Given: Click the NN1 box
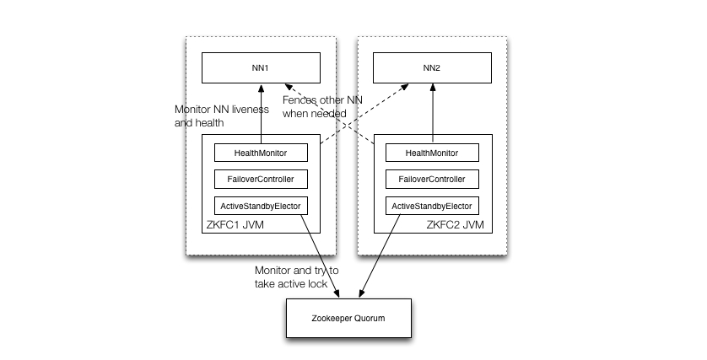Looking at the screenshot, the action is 261,68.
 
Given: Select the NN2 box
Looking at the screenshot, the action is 433,68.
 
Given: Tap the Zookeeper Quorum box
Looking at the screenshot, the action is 349,318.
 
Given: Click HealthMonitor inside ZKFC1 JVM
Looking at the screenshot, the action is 261,153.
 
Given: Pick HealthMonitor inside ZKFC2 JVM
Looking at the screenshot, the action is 433,153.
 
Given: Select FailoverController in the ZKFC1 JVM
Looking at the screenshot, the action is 261,179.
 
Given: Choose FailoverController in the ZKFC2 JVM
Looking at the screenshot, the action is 433,179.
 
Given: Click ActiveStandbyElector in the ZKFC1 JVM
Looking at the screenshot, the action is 261,206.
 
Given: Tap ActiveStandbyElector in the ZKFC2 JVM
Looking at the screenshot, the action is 433,206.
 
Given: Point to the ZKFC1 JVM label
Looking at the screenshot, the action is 235,225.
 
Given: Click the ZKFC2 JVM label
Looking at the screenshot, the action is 455,225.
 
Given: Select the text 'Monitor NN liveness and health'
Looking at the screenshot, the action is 221,116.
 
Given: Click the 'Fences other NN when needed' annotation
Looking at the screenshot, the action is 322,107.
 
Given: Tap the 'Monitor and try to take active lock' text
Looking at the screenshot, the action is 297,277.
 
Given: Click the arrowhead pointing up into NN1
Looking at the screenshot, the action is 261,88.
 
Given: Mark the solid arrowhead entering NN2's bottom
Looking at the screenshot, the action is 433,88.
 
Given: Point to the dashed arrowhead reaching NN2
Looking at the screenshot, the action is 405,86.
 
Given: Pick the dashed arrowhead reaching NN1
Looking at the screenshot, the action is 289,86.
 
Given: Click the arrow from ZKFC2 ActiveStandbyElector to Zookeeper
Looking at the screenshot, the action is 380,256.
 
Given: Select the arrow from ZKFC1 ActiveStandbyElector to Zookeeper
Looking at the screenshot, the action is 320,256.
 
